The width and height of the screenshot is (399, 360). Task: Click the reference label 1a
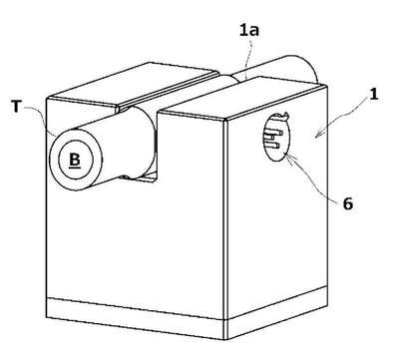(249, 30)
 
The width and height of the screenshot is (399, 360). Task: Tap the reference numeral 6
(347, 203)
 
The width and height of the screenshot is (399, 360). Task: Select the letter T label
(16, 107)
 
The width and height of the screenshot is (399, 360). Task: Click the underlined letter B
(75, 161)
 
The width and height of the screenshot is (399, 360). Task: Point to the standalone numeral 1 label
(374, 95)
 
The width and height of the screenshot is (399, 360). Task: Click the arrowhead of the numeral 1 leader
(317, 135)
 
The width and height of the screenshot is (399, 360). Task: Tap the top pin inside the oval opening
(274, 133)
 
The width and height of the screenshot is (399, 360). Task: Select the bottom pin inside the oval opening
(274, 145)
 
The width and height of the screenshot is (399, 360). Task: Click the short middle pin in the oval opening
(270, 137)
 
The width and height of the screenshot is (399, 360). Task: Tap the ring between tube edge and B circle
(54, 159)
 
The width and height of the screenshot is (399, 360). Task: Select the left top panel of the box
(133, 82)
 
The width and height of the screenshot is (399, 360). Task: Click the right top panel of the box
(242, 98)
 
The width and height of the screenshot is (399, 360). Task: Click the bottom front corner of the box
(225, 339)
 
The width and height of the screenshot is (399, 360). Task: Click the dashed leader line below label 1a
(247, 57)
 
